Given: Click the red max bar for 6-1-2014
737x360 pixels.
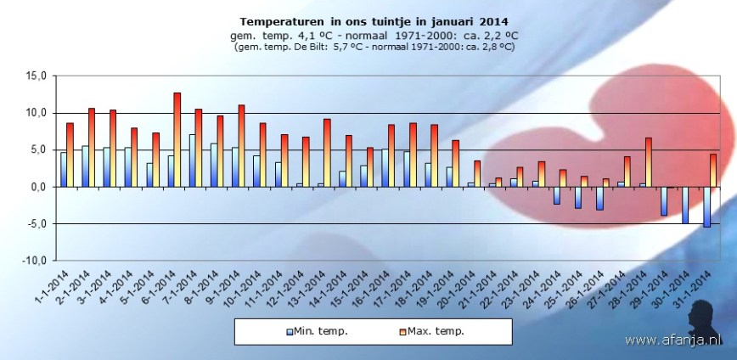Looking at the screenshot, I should (x=177, y=140).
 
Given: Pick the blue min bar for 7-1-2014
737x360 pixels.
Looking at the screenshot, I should (x=192, y=160).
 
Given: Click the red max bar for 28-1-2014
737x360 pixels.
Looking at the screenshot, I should (x=648, y=162).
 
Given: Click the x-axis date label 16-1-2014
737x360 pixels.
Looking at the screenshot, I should (x=374, y=293).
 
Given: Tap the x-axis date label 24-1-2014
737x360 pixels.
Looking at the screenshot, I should (x=544, y=293).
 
